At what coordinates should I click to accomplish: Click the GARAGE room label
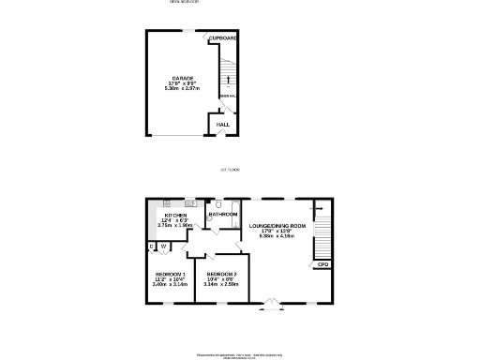coord(182,78)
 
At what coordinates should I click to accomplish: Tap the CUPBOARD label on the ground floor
coord(222,38)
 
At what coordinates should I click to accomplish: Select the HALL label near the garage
coord(223,124)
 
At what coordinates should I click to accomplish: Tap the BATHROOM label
coord(222,214)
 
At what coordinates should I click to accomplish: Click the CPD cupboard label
coord(322,264)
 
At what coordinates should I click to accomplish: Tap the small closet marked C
coord(151,247)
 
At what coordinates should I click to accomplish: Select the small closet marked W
coord(162,247)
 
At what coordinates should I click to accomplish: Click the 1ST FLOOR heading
coord(230,170)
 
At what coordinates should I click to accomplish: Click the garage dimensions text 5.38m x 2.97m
coord(182,89)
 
